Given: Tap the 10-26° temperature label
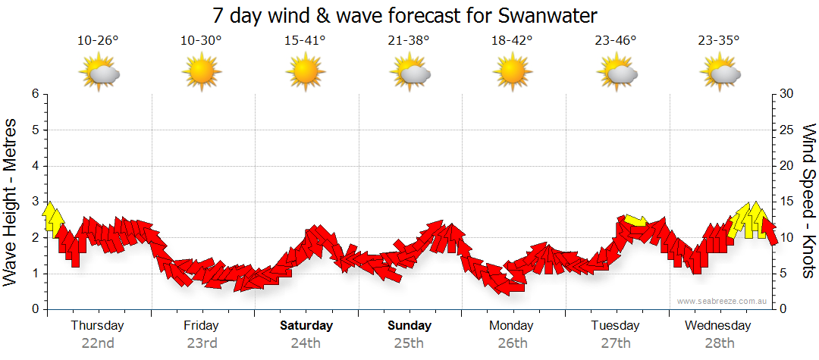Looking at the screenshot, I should click(98, 41).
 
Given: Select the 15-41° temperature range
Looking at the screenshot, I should click(305, 41).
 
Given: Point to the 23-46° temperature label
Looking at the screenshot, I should click(616, 41).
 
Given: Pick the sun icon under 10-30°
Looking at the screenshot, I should click(201, 74).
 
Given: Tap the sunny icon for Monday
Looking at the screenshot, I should click(512, 74).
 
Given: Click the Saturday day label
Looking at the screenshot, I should click(306, 326).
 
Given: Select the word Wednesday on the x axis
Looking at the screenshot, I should click(717, 326).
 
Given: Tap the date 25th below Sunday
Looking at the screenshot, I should click(409, 343).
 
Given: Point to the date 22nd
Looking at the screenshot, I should click(98, 343).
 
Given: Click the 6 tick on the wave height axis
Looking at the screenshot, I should click(35, 94).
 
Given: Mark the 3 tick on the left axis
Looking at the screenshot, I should click(35, 202).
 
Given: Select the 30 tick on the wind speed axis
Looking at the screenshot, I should click(786, 94).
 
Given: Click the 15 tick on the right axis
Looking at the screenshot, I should click(786, 202).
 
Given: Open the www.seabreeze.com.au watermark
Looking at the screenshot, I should click(723, 301).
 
